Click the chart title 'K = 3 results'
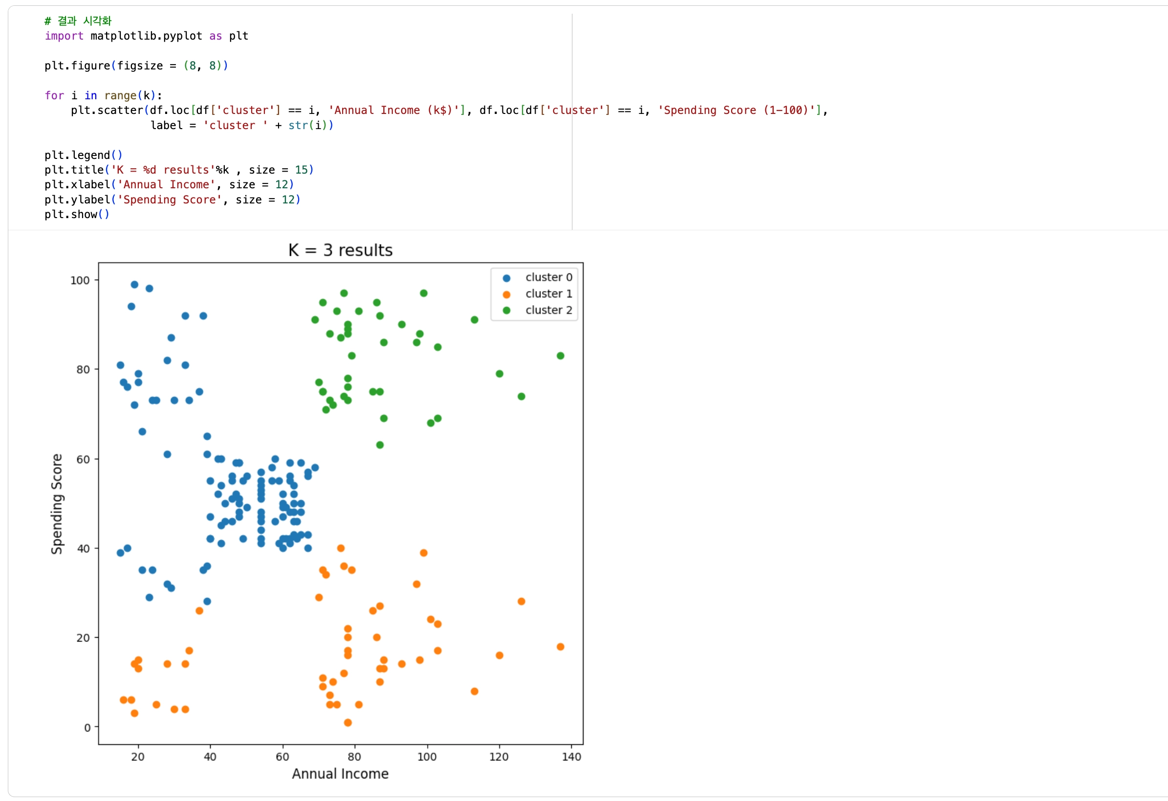pyautogui.click(x=340, y=250)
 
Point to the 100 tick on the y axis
pyautogui.click(x=80, y=281)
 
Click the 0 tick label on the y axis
pyautogui.click(x=87, y=728)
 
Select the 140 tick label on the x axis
pyautogui.click(x=571, y=757)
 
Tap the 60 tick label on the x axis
pyautogui.click(x=282, y=757)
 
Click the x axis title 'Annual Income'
pyautogui.click(x=340, y=774)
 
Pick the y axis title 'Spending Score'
pyautogui.click(x=57, y=504)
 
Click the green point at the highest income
pyautogui.click(x=561, y=356)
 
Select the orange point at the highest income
pyautogui.click(x=561, y=646)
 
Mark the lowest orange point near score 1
pyautogui.click(x=348, y=723)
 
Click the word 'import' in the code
pyautogui.click(x=64, y=36)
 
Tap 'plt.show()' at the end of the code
pyautogui.click(x=76, y=215)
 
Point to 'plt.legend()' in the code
pyautogui.click(x=83, y=155)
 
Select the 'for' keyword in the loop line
pyautogui.click(x=54, y=95)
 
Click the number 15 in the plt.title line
pyautogui.click(x=301, y=170)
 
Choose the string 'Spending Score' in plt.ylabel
pyautogui.click(x=170, y=200)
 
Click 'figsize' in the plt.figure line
pyautogui.click(x=140, y=66)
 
